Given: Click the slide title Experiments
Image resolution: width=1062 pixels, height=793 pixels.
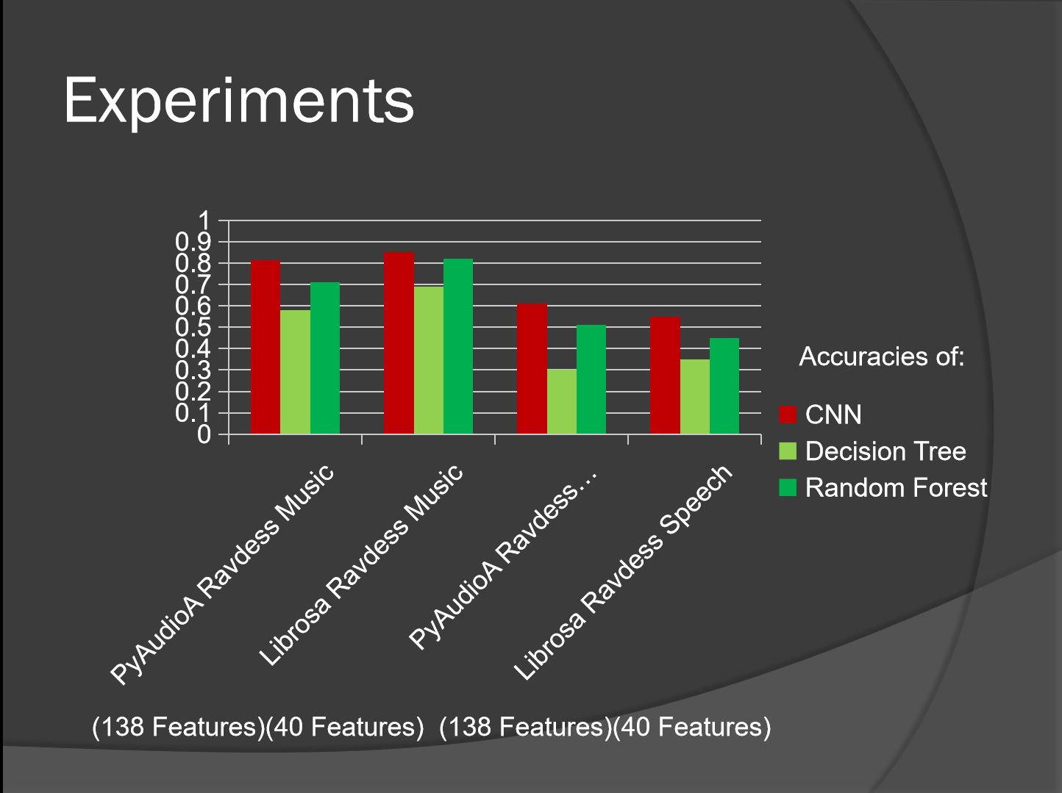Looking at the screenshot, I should (239, 100).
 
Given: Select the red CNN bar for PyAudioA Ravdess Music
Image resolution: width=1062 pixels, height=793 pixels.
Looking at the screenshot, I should (265, 347).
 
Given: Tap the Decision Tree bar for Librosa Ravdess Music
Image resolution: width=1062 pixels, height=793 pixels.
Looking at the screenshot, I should (429, 360).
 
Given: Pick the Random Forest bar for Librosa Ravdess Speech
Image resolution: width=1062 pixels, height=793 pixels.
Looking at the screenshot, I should (724, 386).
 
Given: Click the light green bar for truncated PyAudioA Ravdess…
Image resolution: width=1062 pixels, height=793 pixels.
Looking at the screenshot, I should (562, 401).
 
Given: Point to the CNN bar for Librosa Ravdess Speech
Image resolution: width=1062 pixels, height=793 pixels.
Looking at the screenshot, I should (666, 376).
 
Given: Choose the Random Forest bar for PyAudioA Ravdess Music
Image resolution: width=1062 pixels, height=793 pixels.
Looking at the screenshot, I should (325, 358).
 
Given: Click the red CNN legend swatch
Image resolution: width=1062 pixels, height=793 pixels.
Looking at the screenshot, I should (788, 415).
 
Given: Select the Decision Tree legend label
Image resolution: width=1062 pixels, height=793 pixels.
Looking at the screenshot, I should (885, 451).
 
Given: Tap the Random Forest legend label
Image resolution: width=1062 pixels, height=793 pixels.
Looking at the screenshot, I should (896, 488).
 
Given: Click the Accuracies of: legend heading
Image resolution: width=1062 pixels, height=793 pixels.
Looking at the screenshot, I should (881, 356).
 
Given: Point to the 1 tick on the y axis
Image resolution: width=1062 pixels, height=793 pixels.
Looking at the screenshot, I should (204, 220).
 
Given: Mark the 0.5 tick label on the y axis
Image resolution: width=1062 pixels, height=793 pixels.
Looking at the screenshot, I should (193, 327).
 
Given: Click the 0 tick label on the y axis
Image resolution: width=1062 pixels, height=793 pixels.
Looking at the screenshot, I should (204, 434).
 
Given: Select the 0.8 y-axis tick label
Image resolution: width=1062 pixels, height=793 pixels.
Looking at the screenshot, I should (193, 263).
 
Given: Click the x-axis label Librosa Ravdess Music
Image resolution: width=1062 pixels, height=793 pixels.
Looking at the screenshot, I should (362, 565).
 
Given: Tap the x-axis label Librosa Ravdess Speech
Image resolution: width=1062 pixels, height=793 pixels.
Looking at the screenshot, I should (624, 573).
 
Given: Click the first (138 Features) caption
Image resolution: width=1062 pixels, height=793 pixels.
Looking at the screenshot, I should (177, 727).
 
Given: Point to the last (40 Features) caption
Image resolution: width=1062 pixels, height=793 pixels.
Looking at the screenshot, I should (691, 727).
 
